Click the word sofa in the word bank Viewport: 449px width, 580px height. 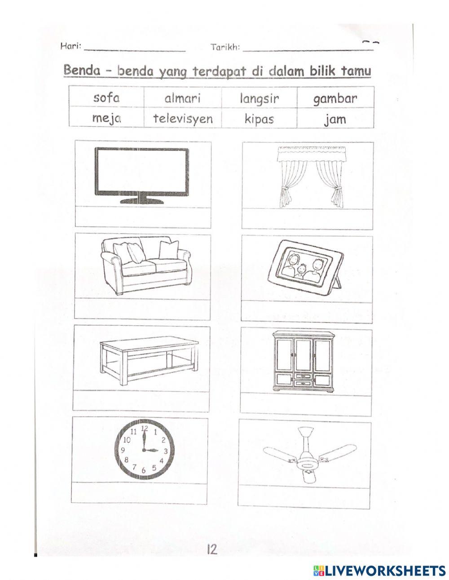click(106, 97)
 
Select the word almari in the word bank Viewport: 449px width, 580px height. click(182, 98)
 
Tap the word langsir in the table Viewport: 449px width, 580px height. click(259, 99)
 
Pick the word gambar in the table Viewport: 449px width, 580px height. click(335, 99)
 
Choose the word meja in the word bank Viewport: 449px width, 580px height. click(106, 119)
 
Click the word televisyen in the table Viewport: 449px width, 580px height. click(182, 119)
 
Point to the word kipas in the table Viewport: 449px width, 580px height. click(259, 119)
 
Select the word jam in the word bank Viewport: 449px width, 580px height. click(335, 120)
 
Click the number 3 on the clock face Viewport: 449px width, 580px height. click(165, 451)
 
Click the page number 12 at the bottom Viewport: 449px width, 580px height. click(212, 549)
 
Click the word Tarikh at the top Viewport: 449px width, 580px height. click(225, 47)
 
